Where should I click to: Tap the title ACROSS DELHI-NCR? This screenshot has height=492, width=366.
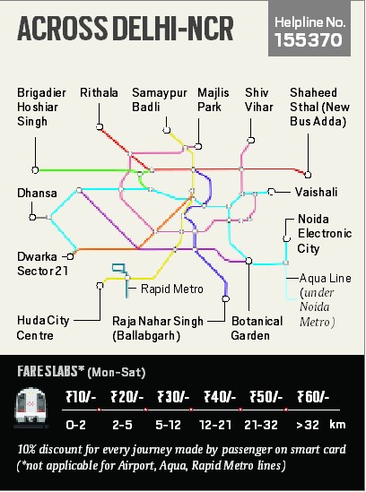pyautogui.click(x=126, y=30)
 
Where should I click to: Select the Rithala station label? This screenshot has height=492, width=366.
pyautogui.click(x=99, y=93)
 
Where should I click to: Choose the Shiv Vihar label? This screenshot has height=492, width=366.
pyautogui.click(x=257, y=100)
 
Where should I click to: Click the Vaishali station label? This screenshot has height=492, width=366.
pyautogui.click(x=317, y=192)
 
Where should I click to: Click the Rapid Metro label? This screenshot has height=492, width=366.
pyautogui.click(x=165, y=289)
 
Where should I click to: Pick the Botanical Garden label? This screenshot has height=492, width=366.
pyautogui.click(x=250, y=328)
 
